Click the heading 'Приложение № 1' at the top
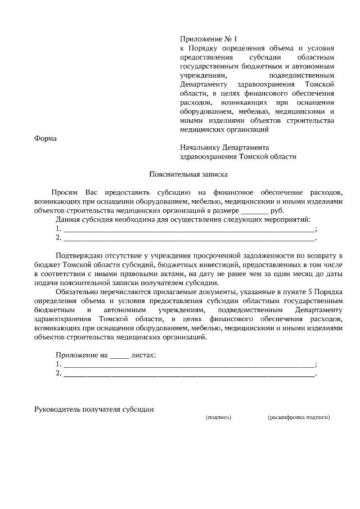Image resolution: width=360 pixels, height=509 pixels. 209,39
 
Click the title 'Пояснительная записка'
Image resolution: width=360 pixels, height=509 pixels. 179,175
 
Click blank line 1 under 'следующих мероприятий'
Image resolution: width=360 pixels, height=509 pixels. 188,229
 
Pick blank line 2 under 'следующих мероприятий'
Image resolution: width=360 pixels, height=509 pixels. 188,238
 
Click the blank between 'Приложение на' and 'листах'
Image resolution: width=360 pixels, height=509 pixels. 119,355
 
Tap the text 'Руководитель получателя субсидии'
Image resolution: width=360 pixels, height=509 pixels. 94,409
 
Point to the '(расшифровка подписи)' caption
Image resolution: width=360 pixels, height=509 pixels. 299,418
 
